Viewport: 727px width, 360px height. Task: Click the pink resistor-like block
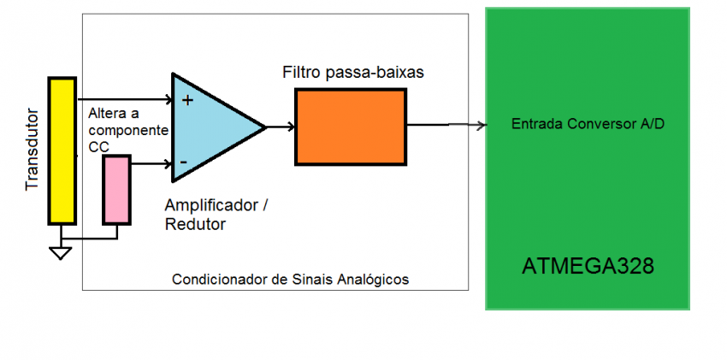click(116, 190)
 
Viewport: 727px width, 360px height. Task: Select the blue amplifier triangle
click(210, 128)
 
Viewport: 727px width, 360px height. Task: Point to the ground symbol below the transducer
click(60, 251)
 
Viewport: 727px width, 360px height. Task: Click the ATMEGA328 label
click(588, 266)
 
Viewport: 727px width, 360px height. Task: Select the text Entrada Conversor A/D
click(588, 124)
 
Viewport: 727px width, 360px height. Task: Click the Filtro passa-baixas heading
click(352, 73)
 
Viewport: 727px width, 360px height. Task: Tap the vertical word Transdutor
click(33, 149)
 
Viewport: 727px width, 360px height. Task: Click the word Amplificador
click(211, 206)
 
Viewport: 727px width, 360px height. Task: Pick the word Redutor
click(194, 225)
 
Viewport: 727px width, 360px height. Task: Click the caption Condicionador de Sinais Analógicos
click(290, 280)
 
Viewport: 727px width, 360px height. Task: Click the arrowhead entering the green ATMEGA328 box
click(481, 126)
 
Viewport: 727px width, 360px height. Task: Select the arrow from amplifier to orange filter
click(281, 127)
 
